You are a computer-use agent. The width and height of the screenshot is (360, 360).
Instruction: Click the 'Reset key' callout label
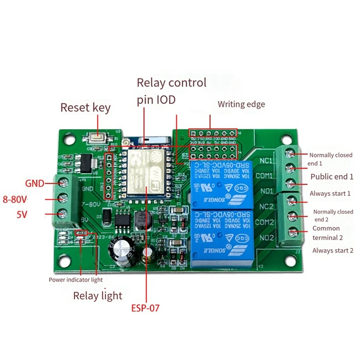[x=85, y=108]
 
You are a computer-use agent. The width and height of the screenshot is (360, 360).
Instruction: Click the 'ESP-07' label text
[x=145, y=308]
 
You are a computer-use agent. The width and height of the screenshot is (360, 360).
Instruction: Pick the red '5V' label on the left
[x=22, y=215]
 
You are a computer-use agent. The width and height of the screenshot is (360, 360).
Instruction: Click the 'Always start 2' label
[x=333, y=250]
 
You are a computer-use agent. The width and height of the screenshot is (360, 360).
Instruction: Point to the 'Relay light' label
[x=98, y=295]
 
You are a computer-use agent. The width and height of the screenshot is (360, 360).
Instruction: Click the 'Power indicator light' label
[x=76, y=279]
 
